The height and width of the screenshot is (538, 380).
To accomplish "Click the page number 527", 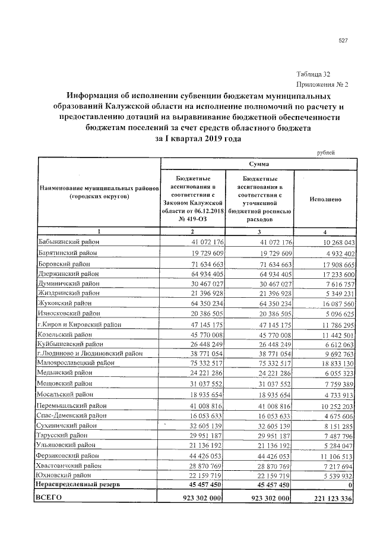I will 343,40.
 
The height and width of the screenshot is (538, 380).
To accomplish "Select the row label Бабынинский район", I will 68,243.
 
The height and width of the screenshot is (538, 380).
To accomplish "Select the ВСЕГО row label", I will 49,498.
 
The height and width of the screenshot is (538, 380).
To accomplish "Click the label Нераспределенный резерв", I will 78,485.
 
